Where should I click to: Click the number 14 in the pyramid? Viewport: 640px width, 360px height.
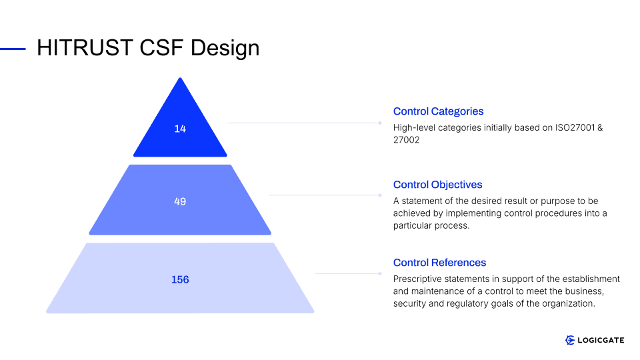coord(180,129)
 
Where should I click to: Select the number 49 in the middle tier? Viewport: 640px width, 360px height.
coord(180,201)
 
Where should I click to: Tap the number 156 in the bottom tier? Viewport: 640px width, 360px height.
coord(180,279)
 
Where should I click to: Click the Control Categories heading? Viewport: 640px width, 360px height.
coord(439,111)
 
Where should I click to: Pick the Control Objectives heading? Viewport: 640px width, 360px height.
coord(437,185)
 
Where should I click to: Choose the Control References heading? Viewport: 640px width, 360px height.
coord(439,263)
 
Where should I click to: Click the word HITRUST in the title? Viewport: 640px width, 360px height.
coord(85,48)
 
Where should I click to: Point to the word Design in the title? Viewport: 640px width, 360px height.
coord(225,49)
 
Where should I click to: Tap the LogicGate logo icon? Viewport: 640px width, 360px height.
coord(570,340)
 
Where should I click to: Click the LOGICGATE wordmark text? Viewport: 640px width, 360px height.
coord(601,341)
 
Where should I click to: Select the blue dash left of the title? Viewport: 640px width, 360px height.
coord(13,49)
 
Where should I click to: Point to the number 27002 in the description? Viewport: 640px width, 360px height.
coord(407,140)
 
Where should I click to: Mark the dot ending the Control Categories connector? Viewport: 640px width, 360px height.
coord(380,123)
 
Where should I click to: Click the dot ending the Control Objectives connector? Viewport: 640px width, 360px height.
coord(380,195)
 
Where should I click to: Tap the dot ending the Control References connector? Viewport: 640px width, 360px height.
coord(380,273)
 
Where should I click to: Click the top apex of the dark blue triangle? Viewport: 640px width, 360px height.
coord(180,78)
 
